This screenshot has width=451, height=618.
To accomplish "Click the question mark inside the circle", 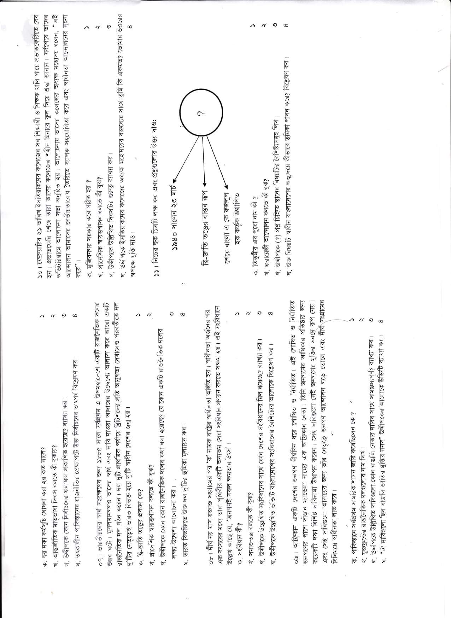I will click(200, 114).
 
